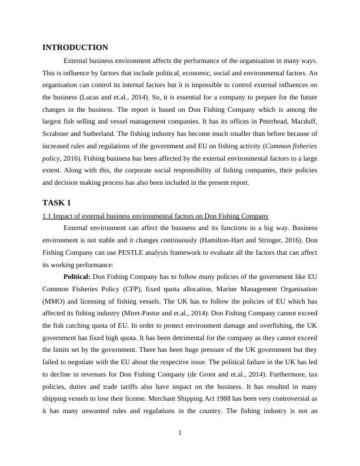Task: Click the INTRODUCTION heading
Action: click(x=75, y=48)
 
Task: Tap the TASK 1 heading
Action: click(x=56, y=203)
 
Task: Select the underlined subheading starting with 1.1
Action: click(x=156, y=216)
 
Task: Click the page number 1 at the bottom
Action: click(x=180, y=434)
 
